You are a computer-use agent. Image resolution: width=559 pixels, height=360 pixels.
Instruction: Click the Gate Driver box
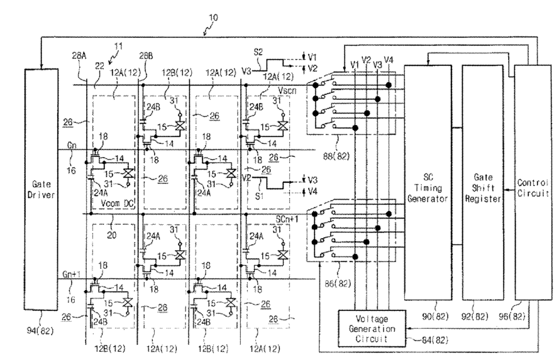[41, 190]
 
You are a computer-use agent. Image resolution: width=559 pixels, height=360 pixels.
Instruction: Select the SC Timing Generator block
[428, 182]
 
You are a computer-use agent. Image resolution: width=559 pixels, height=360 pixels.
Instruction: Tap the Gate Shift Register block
[483, 182]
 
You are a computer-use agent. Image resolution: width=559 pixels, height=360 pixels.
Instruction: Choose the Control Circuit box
[533, 182]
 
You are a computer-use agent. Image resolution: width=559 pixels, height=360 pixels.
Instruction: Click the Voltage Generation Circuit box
[372, 329]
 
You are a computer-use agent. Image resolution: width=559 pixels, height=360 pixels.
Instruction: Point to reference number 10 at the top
[213, 18]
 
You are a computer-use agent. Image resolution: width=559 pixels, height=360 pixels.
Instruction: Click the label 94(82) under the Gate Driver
[40, 331]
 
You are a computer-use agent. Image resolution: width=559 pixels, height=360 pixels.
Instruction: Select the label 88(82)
[336, 156]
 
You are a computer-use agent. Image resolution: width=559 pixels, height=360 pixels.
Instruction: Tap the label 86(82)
[338, 283]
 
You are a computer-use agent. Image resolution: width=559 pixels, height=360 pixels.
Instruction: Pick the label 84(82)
[435, 340]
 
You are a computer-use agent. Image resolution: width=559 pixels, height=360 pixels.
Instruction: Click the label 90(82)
[435, 316]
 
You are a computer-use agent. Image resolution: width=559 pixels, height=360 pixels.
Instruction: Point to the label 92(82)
[475, 316]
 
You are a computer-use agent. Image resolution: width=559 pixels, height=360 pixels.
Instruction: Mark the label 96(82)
[512, 316]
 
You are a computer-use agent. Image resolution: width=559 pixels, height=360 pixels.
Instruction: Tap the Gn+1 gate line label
[71, 274]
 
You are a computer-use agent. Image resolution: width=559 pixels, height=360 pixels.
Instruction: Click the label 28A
[79, 55]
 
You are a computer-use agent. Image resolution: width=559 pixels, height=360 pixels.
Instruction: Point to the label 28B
[146, 55]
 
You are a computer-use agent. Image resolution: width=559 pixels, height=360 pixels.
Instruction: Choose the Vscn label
[287, 90]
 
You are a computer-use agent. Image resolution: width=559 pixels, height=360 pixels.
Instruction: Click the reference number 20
[111, 235]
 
